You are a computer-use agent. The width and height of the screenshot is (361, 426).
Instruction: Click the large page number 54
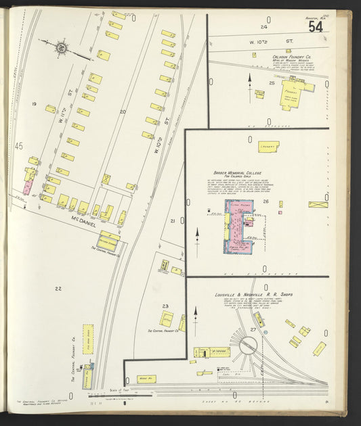click(x=315, y=27)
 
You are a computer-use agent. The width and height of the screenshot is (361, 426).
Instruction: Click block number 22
click(x=58, y=289)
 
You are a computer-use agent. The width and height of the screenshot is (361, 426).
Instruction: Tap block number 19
click(x=33, y=104)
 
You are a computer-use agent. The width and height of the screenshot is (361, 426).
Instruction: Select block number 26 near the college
click(x=266, y=202)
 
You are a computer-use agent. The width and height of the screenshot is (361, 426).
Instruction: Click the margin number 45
click(x=19, y=146)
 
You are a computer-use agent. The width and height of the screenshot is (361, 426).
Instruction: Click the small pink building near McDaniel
click(x=28, y=186)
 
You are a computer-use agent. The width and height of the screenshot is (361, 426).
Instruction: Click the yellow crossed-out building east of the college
click(x=318, y=204)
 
